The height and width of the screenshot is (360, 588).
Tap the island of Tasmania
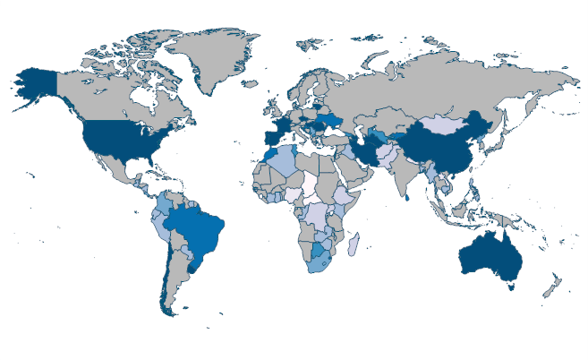coord(510,287)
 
